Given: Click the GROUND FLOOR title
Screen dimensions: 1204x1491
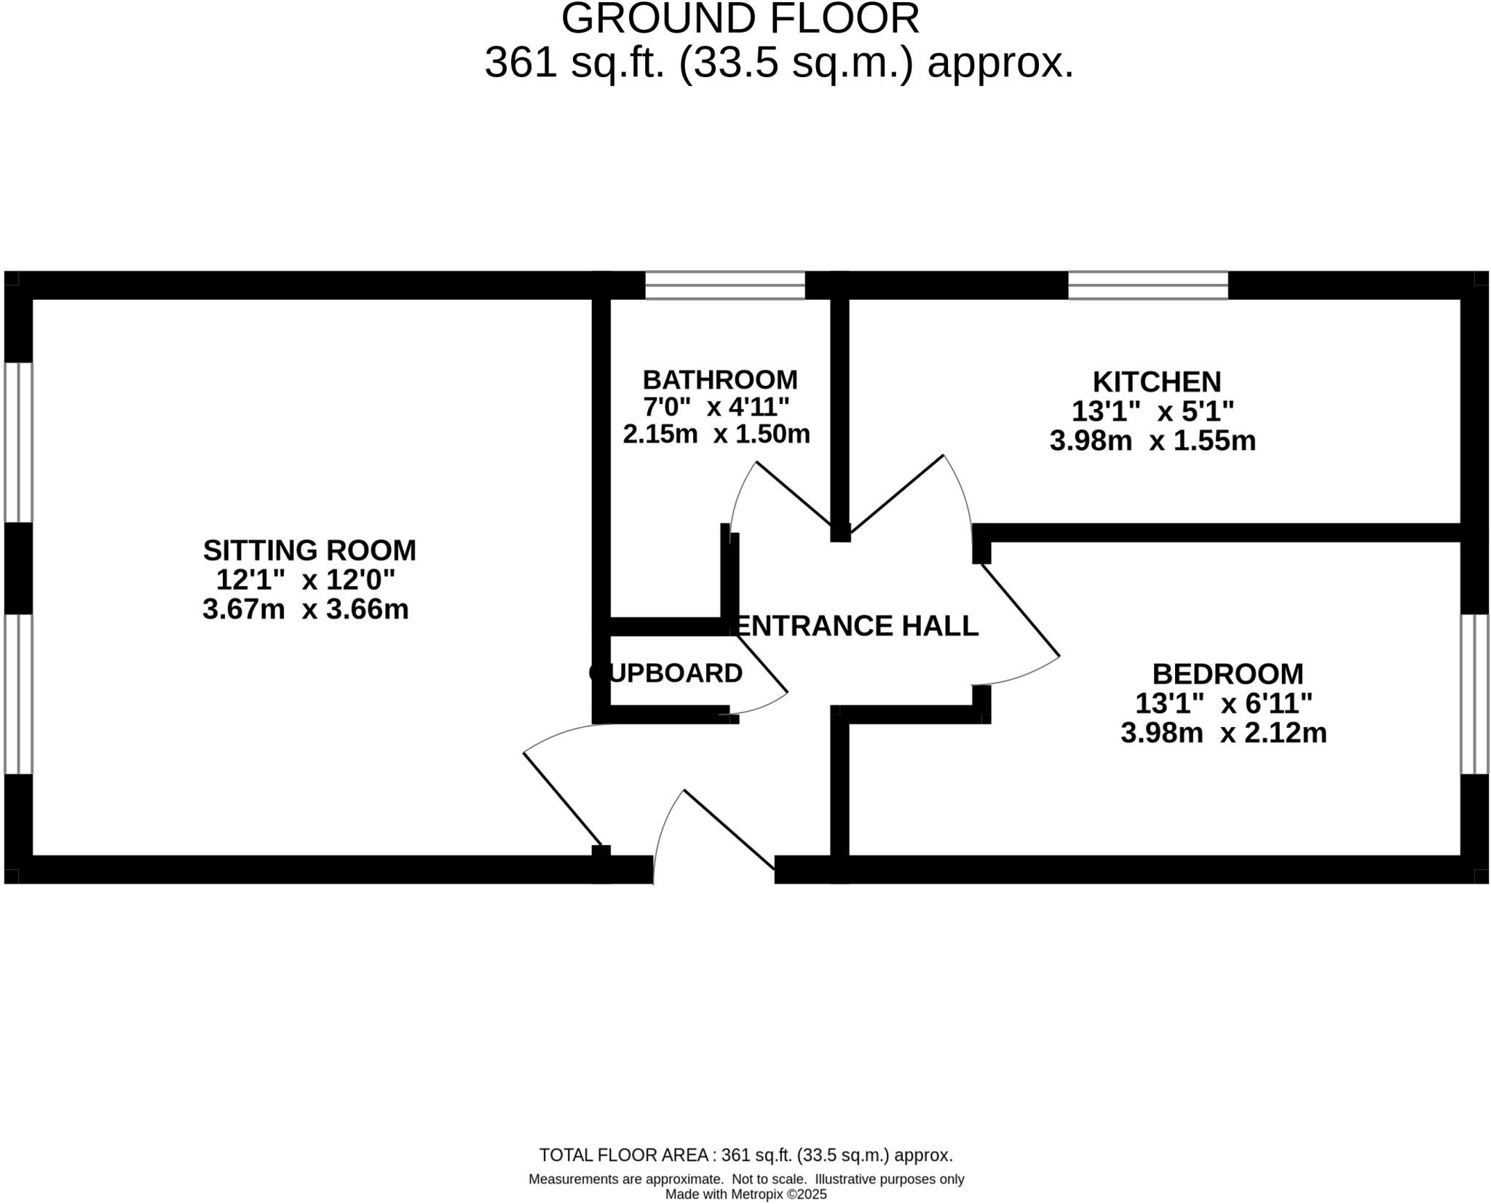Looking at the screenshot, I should [x=740, y=20].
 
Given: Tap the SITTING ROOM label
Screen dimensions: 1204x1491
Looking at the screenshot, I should [x=309, y=550].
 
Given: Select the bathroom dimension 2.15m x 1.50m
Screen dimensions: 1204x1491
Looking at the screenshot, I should [x=716, y=435].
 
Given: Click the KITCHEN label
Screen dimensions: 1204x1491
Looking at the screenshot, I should [x=1156, y=382].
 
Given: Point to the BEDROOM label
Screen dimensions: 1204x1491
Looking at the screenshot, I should [x=1227, y=674].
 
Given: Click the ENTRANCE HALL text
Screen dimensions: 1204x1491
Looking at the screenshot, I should [x=858, y=626].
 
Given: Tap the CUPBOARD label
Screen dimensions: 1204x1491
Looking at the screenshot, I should [x=666, y=673].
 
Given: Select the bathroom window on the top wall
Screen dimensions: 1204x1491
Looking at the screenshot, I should [x=725, y=285].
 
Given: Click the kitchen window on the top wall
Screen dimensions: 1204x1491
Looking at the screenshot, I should [x=1147, y=285].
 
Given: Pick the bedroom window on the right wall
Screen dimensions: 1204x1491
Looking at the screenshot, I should [x=1475, y=694].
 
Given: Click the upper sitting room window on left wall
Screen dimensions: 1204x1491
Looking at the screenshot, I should [x=18, y=442].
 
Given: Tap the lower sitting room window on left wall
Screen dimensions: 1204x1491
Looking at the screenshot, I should [x=18, y=694].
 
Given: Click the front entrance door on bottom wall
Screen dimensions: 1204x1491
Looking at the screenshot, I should [x=728, y=830].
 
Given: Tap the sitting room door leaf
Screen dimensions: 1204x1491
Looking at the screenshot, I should [x=563, y=799].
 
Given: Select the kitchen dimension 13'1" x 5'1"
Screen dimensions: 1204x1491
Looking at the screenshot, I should [x=1152, y=412].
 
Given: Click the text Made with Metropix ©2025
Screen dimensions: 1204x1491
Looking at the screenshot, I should [x=745, y=1195].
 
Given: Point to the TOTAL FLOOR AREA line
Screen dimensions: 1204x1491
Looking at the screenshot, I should [x=745, y=1155].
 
